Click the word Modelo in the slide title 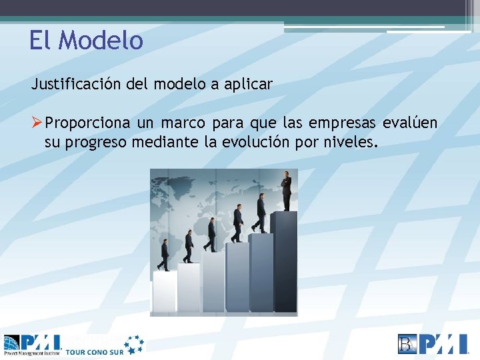click(101, 41)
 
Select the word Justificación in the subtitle click(72, 85)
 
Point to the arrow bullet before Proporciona click(37, 123)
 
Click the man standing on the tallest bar click(286, 191)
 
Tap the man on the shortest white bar click(164, 255)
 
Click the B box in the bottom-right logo click(407, 343)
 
